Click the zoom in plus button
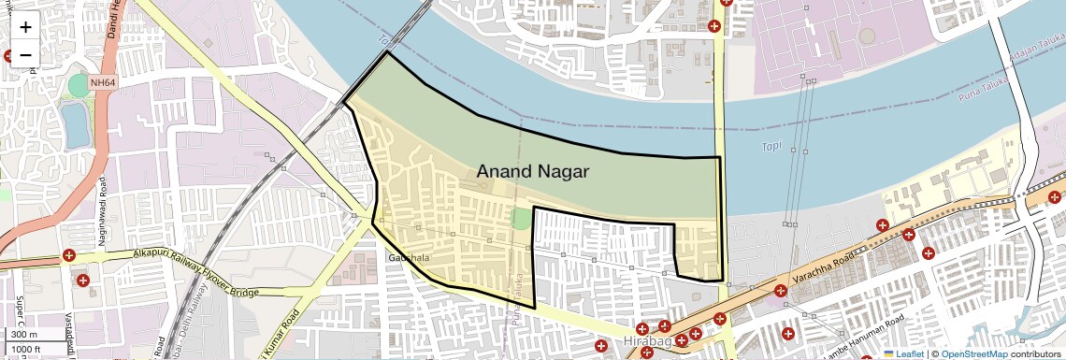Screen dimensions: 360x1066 pyautogui.click(x=25, y=27)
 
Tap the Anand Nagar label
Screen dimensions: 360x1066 pyautogui.click(x=533, y=171)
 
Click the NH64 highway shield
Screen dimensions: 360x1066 pyautogui.click(x=104, y=83)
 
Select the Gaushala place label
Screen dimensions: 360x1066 pyautogui.click(x=409, y=257)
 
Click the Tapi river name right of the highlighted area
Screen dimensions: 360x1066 pyautogui.click(x=771, y=147)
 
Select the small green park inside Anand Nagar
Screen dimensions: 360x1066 pyautogui.click(x=520, y=218)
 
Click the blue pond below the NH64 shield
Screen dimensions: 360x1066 pyautogui.click(x=76, y=124)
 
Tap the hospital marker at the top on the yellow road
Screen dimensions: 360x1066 pyautogui.click(x=716, y=26)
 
